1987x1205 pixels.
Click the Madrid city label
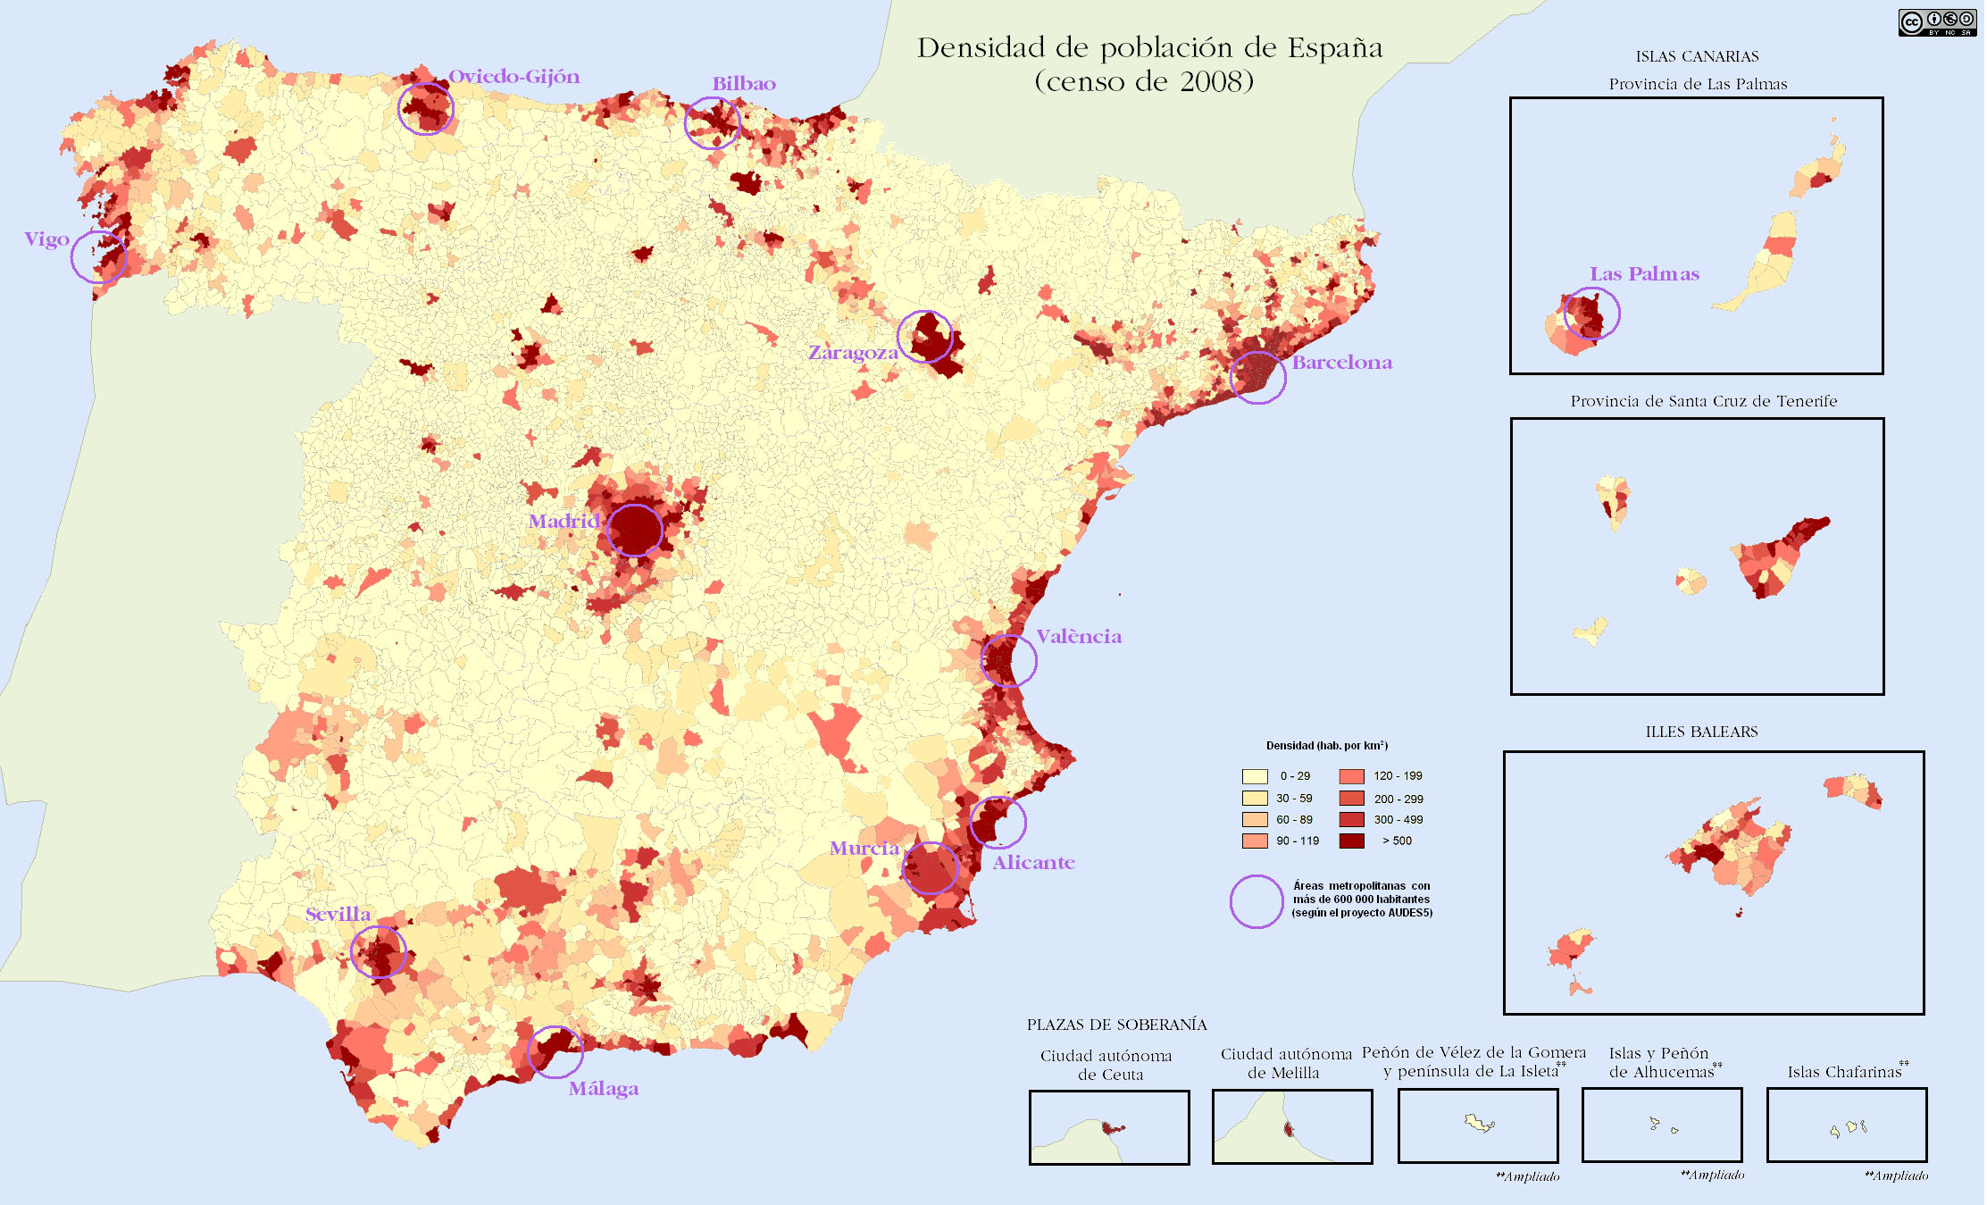click(564, 521)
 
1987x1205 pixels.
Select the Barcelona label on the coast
click(1341, 363)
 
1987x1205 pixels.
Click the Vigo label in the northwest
click(46, 239)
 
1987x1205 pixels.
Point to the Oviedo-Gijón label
click(513, 77)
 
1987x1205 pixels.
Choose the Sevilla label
click(338, 915)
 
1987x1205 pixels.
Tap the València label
click(1078, 637)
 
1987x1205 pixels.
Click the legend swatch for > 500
click(1351, 841)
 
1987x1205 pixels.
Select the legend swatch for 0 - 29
click(1254, 776)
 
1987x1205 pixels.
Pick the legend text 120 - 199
click(1398, 776)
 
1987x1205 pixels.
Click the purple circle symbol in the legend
click(1256, 901)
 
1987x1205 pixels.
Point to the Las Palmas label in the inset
click(1644, 274)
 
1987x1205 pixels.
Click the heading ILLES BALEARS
click(1701, 732)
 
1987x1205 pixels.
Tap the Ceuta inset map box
click(1108, 1127)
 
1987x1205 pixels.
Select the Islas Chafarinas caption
click(1845, 1072)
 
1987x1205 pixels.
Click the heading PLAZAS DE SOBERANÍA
click(1116, 1025)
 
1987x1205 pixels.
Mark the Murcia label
click(864, 849)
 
